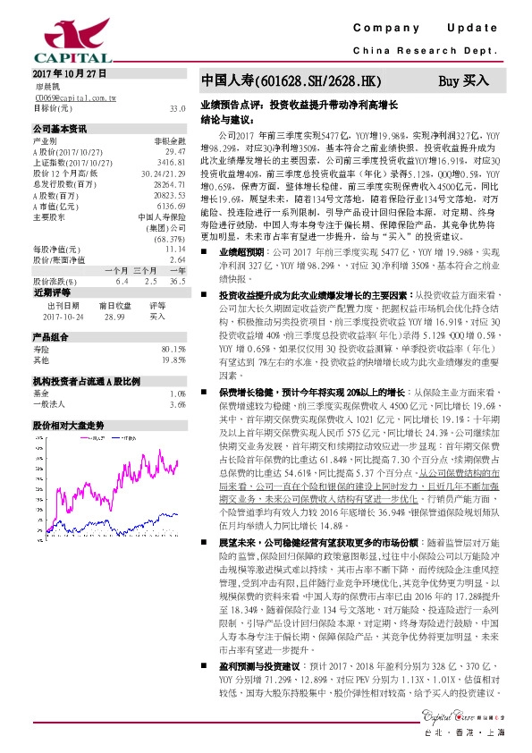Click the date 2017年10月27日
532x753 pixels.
click(69, 72)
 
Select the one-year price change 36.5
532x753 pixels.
click(177, 281)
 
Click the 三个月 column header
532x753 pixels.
click(146, 270)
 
